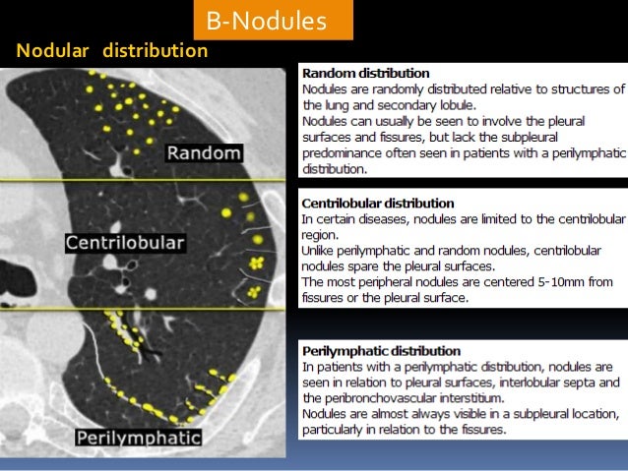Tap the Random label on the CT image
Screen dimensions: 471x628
[204, 152]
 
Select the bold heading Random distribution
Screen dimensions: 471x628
[366, 73]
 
